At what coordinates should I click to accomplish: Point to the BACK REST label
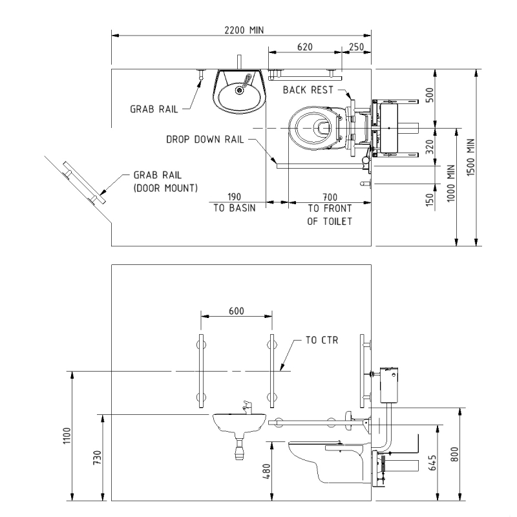pos(308,90)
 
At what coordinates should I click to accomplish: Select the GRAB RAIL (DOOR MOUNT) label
pos(165,181)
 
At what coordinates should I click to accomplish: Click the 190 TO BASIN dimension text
pos(233,201)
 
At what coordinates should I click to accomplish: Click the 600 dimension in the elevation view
pos(236,310)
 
